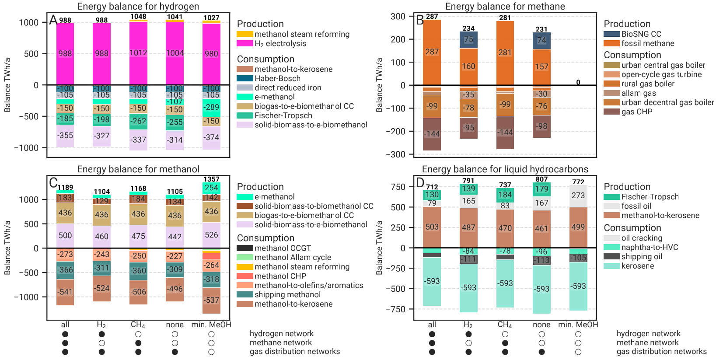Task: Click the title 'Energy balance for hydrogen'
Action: click(x=138, y=7)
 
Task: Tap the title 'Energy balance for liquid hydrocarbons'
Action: click(x=505, y=169)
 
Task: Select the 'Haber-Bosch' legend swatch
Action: click(x=245, y=78)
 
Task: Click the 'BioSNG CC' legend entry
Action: click(x=641, y=34)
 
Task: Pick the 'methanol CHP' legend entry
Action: click(x=280, y=276)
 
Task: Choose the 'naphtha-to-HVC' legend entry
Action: click(x=650, y=247)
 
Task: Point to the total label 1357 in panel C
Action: click(x=211, y=179)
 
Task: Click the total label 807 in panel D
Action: click(x=541, y=179)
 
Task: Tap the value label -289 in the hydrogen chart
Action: click(x=211, y=107)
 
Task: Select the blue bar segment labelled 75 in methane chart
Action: click(x=468, y=40)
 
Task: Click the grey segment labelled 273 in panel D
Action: click(x=578, y=196)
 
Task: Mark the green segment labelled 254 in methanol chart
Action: click(x=211, y=188)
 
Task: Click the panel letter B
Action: click(x=420, y=20)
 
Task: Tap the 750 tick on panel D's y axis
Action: click(x=398, y=187)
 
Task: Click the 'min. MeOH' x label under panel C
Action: click(x=211, y=325)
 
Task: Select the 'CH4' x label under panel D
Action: click(x=505, y=325)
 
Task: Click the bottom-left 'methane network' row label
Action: click(x=280, y=343)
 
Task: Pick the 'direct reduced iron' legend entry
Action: click(x=288, y=87)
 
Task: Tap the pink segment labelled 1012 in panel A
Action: click(x=138, y=53)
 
